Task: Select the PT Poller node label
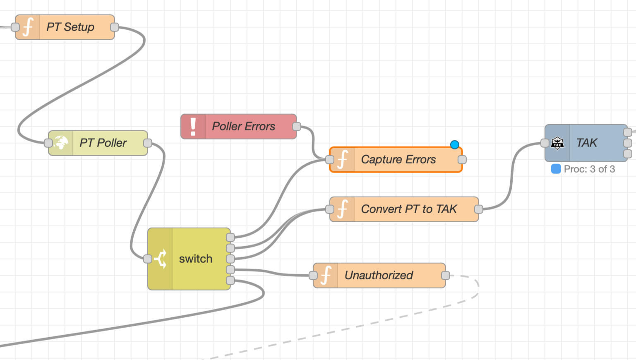pyautogui.click(x=103, y=143)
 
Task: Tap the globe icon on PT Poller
pyautogui.click(x=61, y=143)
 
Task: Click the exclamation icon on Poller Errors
pyautogui.click(x=193, y=126)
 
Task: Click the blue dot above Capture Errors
pyautogui.click(x=454, y=144)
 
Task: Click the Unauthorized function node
pyautogui.click(x=379, y=276)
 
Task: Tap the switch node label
pyautogui.click(x=195, y=259)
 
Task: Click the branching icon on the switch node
pyautogui.click(x=161, y=259)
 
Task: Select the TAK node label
pyautogui.click(x=586, y=143)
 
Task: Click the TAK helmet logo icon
pyautogui.click(x=557, y=143)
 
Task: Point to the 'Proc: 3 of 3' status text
pyautogui.click(x=589, y=169)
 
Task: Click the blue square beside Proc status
pyautogui.click(x=556, y=169)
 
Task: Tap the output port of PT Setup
pyautogui.click(x=115, y=27)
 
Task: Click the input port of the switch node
pyautogui.click(x=147, y=259)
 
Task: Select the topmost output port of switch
pyautogui.click(x=230, y=237)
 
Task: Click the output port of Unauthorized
pyautogui.click(x=446, y=276)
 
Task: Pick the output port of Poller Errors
pyautogui.click(x=297, y=126)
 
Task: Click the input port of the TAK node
pyautogui.click(x=545, y=143)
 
